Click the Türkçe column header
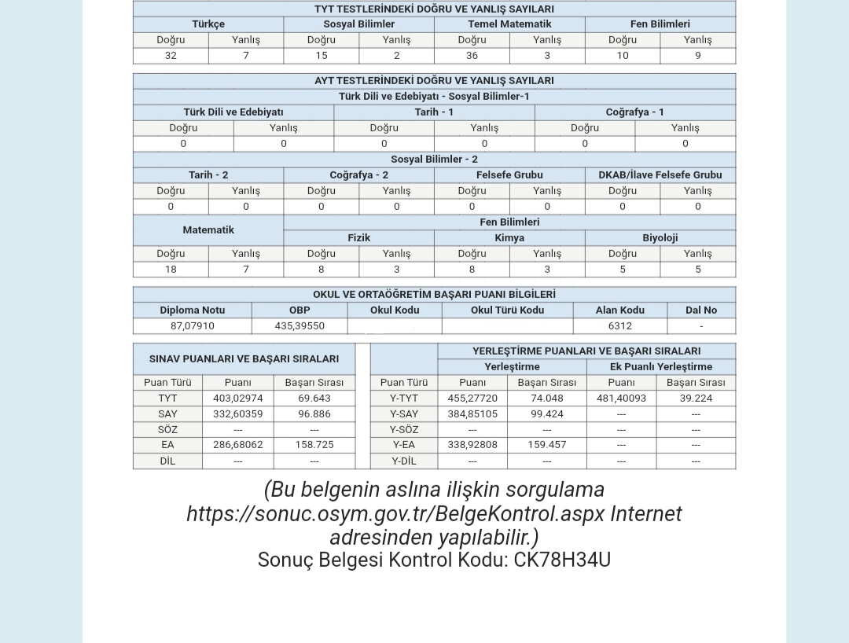pyautogui.click(x=208, y=24)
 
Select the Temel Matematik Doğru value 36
pyautogui.click(x=472, y=56)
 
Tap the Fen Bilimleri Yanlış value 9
pyautogui.click(x=697, y=56)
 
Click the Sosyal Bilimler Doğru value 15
pyautogui.click(x=321, y=56)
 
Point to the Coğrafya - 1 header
pyautogui.click(x=634, y=112)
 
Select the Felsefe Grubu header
pyautogui.click(x=509, y=175)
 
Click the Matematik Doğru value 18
pyautogui.click(x=171, y=270)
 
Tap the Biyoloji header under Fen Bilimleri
pyautogui.click(x=660, y=238)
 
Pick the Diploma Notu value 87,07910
pyautogui.click(x=192, y=326)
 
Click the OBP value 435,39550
pyautogui.click(x=300, y=326)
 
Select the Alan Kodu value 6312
pyautogui.click(x=619, y=326)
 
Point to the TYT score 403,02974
pyautogui.click(x=237, y=399)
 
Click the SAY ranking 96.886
pyautogui.click(x=314, y=414)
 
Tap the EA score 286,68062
pyautogui.click(x=237, y=445)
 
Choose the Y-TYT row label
pyautogui.click(x=403, y=399)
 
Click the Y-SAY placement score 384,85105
pyautogui.click(x=472, y=414)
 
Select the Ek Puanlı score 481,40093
pyautogui.click(x=621, y=399)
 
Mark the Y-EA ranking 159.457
pyautogui.click(x=546, y=445)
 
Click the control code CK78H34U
pyautogui.click(x=562, y=560)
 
